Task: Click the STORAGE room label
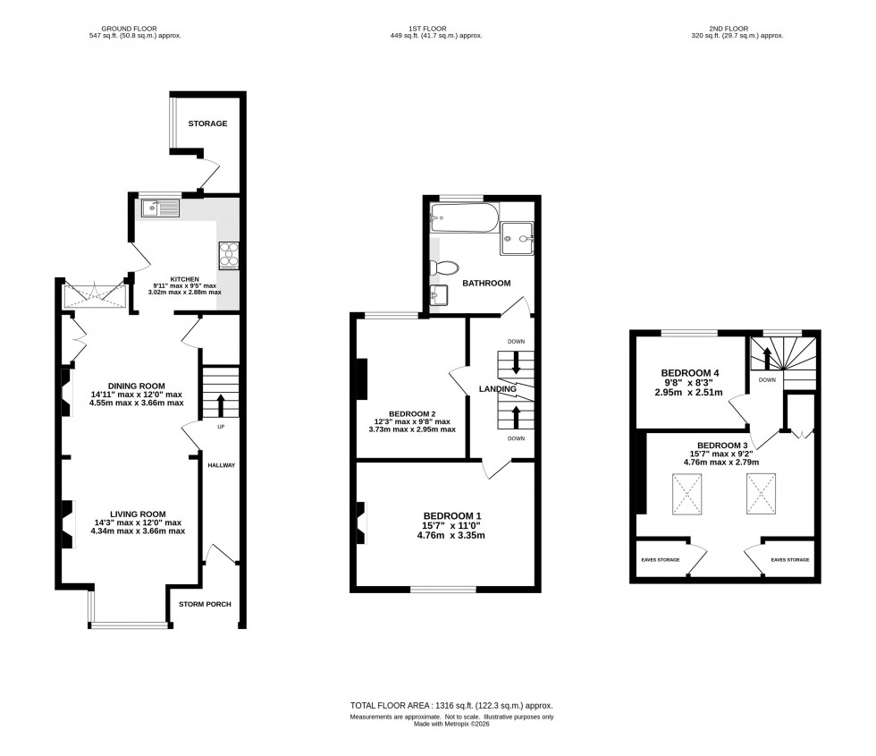pos(206,123)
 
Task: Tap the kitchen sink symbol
pos(159,209)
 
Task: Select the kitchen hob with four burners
pos(227,255)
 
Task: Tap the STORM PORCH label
pos(204,605)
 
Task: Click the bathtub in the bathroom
pos(461,215)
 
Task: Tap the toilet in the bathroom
pos(444,268)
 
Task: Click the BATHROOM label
pos(486,284)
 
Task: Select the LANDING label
pos(497,389)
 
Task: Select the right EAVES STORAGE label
pos(789,560)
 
